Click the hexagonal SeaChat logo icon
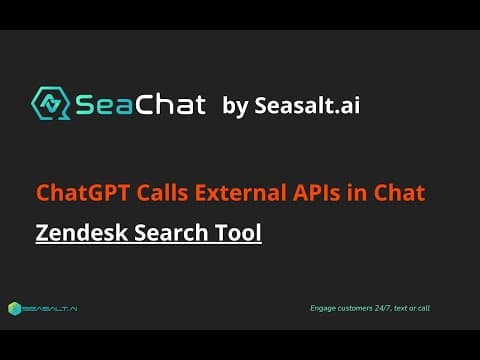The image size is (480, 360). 51,103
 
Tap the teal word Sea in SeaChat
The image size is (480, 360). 104,105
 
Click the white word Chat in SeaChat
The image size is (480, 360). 170,104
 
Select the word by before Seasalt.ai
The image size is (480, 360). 235,106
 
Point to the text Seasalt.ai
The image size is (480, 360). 307,105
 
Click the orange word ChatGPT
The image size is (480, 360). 83,193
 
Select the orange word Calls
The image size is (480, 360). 162,192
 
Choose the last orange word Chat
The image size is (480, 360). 399,192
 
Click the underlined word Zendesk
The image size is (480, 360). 82,232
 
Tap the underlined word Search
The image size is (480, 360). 171,232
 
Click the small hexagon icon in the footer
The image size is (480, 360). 15,309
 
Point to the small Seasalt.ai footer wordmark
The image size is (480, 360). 50,309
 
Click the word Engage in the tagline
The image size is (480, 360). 323,308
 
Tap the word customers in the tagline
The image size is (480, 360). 355,308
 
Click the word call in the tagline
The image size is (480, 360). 424,308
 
